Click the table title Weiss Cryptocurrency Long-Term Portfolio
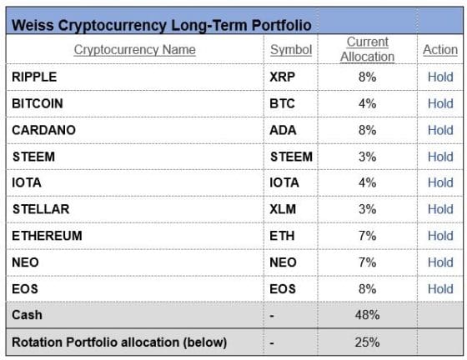click(x=162, y=25)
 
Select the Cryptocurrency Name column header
click(x=134, y=50)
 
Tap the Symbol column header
click(x=291, y=50)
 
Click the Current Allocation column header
click(x=368, y=49)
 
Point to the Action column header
click(x=440, y=50)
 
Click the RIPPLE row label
click(x=34, y=77)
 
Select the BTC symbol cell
click(x=282, y=103)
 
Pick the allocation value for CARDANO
click(x=367, y=130)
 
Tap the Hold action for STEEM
click(x=440, y=157)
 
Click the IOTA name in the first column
click(x=27, y=182)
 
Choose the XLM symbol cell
click(x=283, y=209)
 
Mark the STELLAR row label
click(x=41, y=209)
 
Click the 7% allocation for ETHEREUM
click(x=367, y=236)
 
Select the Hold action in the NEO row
click(x=440, y=262)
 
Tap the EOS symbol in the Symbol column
click(x=283, y=289)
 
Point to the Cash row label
click(x=27, y=315)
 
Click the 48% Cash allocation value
click(x=367, y=315)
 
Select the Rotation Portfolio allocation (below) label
click(x=119, y=342)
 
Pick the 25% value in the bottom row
click(x=367, y=342)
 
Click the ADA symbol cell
click(x=283, y=130)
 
